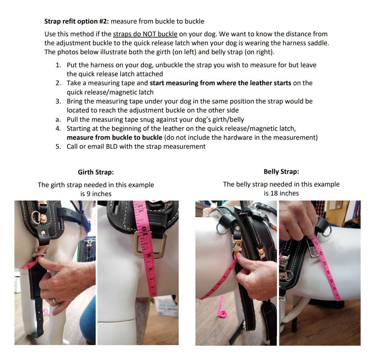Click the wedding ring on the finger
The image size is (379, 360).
(x=55, y=302)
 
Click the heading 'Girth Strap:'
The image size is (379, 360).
(x=96, y=172)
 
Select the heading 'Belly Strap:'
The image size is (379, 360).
(x=281, y=172)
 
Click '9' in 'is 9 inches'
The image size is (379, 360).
(x=89, y=194)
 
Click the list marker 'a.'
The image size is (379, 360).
(x=58, y=120)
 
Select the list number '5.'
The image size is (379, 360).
(x=58, y=147)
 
